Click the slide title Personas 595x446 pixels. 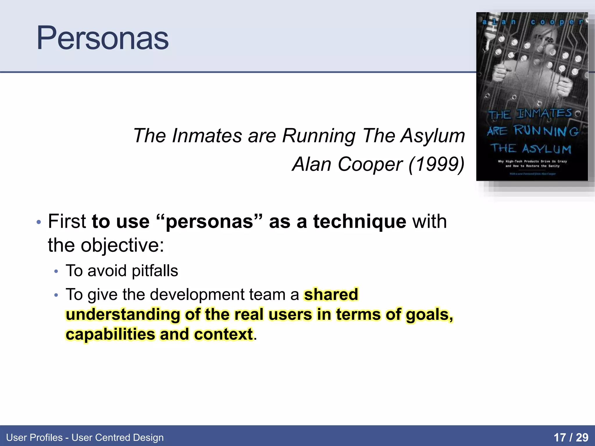click(x=102, y=38)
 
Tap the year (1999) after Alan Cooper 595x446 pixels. click(x=436, y=164)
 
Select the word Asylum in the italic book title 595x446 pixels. click(x=433, y=136)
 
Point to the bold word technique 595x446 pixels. click(x=359, y=222)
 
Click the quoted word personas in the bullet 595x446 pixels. click(x=209, y=222)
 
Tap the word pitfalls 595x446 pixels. click(x=155, y=271)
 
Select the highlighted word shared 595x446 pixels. click(x=331, y=294)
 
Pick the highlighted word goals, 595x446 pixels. click(x=429, y=314)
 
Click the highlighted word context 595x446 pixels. click(x=223, y=334)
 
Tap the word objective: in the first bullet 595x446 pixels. click(x=122, y=245)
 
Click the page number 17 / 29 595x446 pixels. click(x=571, y=437)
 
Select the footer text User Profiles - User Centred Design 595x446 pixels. click(x=85, y=437)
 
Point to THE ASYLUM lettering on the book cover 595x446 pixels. click(x=531, y=149)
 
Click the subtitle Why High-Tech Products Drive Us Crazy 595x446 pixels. click(x=532, y=161)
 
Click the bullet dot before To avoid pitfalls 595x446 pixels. click(x=56, y=271)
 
